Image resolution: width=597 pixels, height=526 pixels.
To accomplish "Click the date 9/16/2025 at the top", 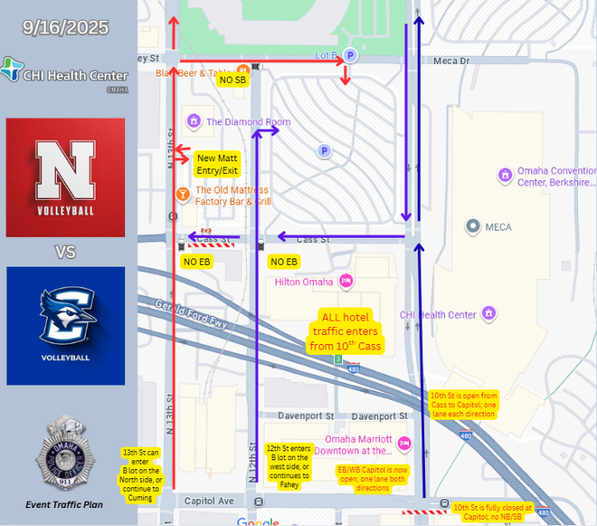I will coord(67,28).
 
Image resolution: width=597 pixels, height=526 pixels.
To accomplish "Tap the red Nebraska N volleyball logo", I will coord(65,177).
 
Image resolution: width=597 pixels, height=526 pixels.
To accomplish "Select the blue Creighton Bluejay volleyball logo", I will coord(65,325).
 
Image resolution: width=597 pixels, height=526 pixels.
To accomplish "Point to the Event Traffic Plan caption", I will coord(65,503).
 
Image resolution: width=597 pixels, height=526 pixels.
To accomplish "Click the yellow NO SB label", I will coord(232,81).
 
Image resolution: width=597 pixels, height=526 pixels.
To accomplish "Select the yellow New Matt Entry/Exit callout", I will coord(216,164).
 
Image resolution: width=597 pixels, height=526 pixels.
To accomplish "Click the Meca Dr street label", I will coord(451,62).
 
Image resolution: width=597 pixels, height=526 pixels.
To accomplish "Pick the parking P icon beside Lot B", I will coord(352,56).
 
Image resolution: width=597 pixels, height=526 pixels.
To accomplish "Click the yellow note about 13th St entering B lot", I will coord(141,470).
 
